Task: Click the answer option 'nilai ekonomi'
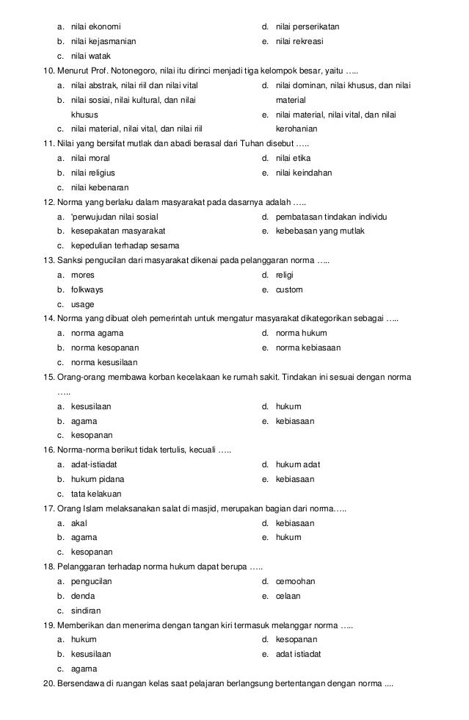pos(96,26)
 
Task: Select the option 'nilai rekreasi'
pos(299,41)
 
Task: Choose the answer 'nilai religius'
pos(93,173)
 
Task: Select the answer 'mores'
pos(82,275)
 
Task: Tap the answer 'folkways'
pos(87,289)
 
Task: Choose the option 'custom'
pos(289,289)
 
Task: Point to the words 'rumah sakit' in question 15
pos(260,377)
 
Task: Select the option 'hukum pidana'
pos(98,479)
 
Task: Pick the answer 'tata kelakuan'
pos(96,494)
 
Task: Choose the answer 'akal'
pos(79,523)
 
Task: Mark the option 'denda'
pos(83,596)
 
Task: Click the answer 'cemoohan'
pos(295,581)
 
